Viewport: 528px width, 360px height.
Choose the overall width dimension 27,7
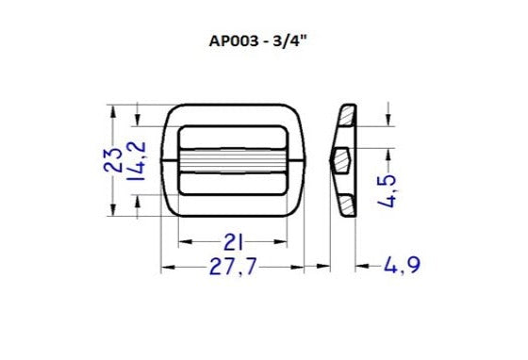234,269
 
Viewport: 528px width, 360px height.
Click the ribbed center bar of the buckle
234,160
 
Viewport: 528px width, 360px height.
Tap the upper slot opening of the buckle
234,137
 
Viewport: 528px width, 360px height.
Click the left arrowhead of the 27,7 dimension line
166,269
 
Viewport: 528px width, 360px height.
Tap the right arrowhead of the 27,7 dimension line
302,269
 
